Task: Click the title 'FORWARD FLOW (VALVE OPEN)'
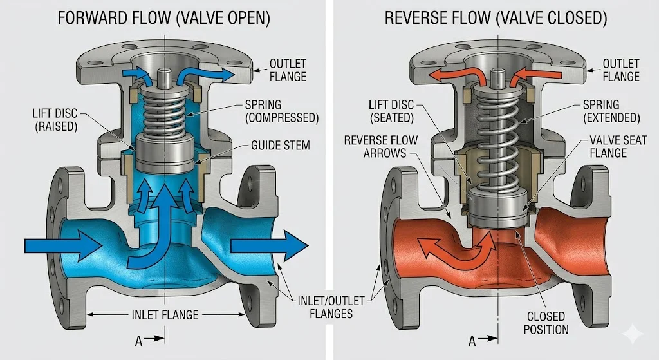[x=163, y=17]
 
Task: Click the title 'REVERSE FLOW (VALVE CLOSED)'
[x=496, y=17]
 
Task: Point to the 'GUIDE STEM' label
[x=281, y=146]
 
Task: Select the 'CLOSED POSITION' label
[x=547, y=323]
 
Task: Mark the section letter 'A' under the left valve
[x=138, y=341]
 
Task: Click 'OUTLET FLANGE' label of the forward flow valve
[x=288, y=70]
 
